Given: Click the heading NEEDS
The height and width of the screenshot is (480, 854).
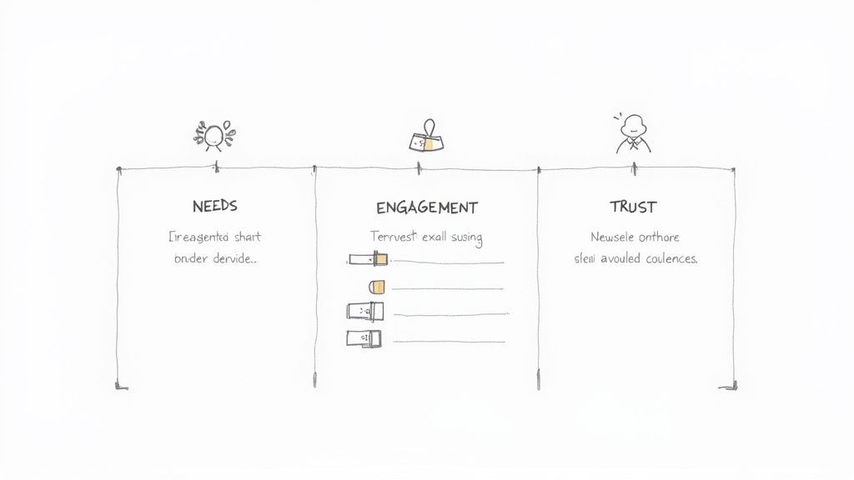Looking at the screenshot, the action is (x=214, y=206).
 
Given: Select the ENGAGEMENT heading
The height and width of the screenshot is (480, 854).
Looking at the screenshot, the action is (x=426, y=207).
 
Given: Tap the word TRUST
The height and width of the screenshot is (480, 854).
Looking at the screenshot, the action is (x=633, y=206).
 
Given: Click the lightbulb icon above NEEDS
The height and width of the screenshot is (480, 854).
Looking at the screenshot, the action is (x=213, y=134).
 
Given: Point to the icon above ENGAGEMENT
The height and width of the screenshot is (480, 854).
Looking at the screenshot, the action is (x=425, y=138).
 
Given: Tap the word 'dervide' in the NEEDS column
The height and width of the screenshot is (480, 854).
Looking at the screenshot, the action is (x=233, y=258).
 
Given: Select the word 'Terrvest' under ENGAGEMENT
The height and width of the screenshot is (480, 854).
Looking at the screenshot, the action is (x=394, y=237).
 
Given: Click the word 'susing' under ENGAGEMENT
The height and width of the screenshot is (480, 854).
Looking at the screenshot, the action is (x=466, y=237).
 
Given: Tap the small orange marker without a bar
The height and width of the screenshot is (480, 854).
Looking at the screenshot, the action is (x=377, y=287).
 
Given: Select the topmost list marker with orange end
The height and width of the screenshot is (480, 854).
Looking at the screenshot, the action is (x=368, y=260).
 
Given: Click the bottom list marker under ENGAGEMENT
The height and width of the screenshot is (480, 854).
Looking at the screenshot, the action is (x=364, y=338).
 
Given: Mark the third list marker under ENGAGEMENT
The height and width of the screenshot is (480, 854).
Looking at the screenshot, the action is (x=365, y=312).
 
